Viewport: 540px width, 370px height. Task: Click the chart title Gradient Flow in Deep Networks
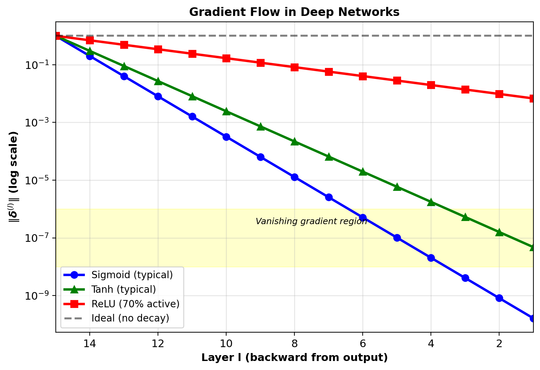294,12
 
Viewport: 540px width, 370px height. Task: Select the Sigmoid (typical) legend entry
132,275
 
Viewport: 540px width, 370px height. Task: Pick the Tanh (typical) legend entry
124,289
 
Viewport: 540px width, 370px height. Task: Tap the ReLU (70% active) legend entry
135,304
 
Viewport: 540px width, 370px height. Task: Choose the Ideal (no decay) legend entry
130,318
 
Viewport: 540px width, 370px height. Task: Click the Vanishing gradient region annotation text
311,221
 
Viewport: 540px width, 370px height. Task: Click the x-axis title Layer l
294,358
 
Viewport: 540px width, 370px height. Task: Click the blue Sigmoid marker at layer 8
294,177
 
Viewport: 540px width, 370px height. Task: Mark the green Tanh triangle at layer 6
363,172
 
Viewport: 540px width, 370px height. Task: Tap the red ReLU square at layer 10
226,58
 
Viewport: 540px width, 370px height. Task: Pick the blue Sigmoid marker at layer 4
431,258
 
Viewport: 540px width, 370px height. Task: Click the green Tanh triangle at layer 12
158,81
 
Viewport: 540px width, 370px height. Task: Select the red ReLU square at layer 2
499,94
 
